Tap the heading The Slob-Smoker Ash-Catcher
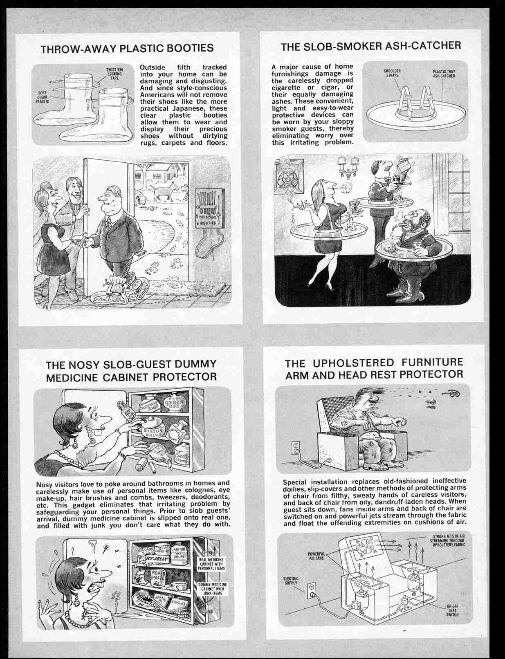(370, 46)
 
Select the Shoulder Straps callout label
(392, 73)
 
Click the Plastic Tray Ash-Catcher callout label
(444, 74)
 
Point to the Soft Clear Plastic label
(42, 98)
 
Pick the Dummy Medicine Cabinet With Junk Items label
(213, 589)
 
